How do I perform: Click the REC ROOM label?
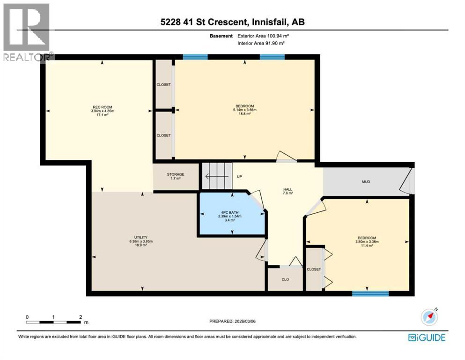tap(102, 106)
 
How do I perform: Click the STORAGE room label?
tap(176, 174)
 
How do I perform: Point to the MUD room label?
tap(366, 181)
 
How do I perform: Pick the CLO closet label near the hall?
tap(285, 279)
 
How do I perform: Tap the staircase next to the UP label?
tap(217, 177)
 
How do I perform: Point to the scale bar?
tap(54, 322)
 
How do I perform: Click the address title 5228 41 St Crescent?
tap(232, 22)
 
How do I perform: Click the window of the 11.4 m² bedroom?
tap(370, 294)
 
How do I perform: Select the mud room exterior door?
tap(408, 181)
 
